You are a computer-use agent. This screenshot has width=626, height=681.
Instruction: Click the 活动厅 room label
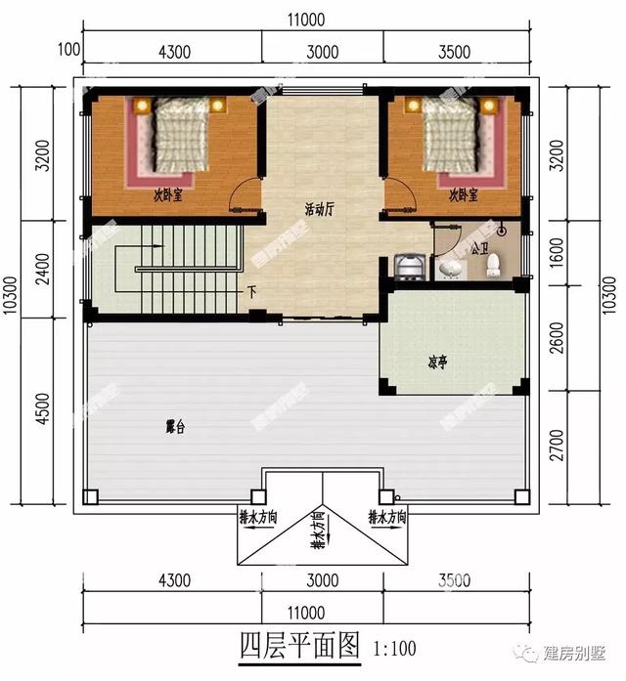tap(320, 208)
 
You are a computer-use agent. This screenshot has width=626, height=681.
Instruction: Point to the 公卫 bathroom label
tap(479, 249)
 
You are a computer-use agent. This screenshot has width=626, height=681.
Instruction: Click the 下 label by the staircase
tap(251, 292)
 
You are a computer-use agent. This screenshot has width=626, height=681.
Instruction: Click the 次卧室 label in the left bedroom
tap(167, 195)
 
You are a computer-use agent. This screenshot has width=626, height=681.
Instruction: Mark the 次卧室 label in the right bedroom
tap(463, 195)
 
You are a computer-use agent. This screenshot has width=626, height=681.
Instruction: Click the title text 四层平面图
tap(300, 646)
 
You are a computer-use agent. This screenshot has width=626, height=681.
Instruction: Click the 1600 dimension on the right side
tap(585, 253)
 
